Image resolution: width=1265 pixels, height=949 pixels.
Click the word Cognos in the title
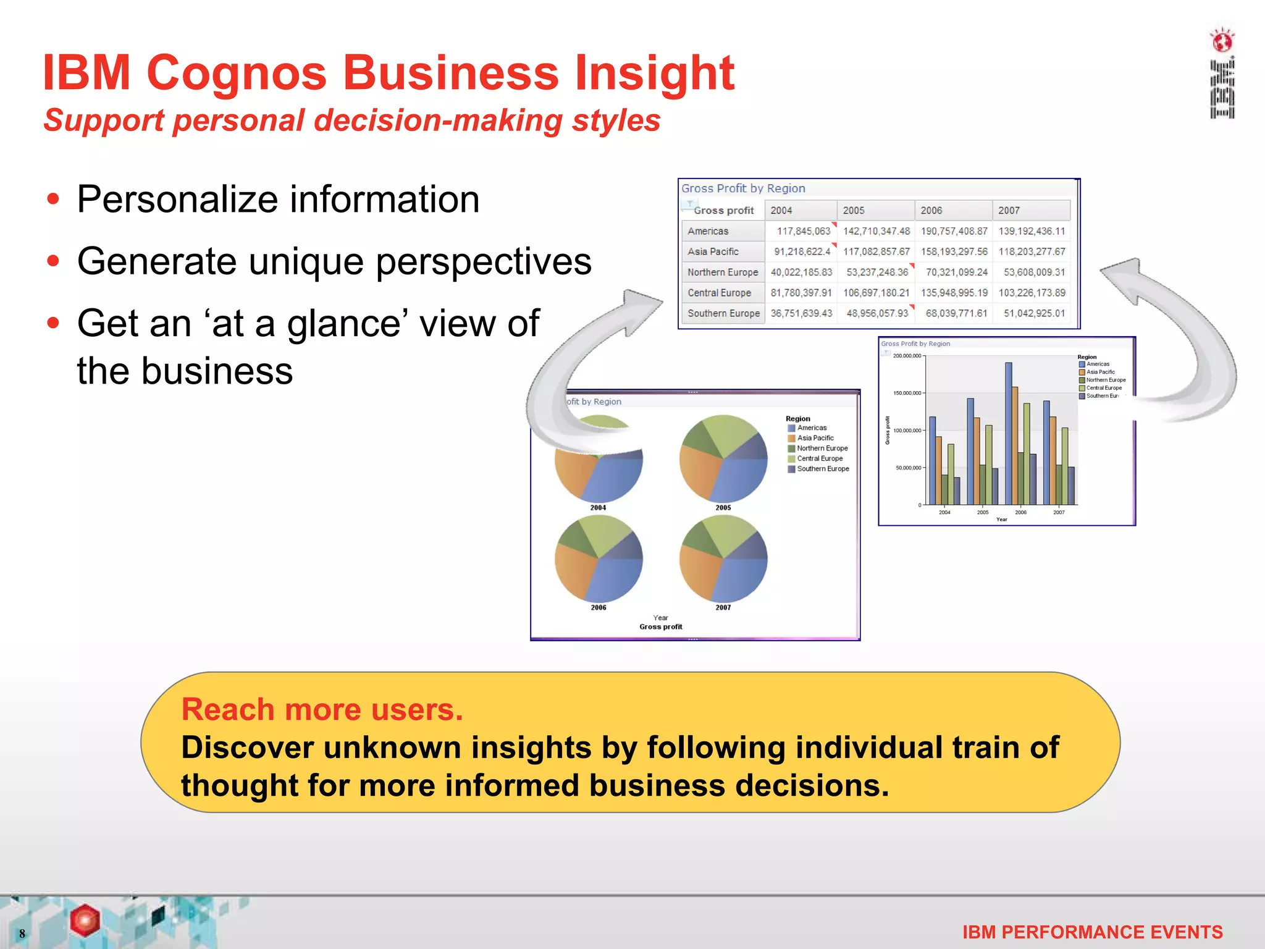(x=237, y=73)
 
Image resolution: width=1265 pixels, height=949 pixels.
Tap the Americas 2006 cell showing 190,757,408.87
(x=954, y=231)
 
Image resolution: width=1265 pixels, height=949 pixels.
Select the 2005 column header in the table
(x=854, y=211)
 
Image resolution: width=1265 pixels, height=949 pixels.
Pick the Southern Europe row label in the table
(x=723, y=313)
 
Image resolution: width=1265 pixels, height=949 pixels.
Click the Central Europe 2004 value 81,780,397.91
(x=801, y=293)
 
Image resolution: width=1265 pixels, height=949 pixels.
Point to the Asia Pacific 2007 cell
(x=1032, y=251)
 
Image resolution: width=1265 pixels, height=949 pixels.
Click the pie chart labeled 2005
(x=723, y=458)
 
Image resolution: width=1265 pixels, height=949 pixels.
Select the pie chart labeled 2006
(x=599, y=559)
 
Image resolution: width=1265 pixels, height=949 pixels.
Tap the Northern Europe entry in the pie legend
(x=822, y=449)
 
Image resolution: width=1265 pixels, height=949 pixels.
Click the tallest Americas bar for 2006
(x=1009, y=432)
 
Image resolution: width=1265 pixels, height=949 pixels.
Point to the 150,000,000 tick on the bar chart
(x=907, y=393)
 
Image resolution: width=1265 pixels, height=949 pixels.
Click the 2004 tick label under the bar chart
(x=944, y=512)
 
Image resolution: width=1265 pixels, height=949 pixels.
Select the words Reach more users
(x=322, y=709)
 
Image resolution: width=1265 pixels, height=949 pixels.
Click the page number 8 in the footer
(x=22, y=933)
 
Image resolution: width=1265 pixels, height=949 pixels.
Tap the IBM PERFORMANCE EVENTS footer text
(x=1092, y=932)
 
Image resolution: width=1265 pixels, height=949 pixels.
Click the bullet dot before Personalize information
(x=54, y=200)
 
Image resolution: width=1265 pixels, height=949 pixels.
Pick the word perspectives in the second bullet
(x=483, y=261)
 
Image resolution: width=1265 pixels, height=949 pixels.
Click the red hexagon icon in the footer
(x=85, y=919)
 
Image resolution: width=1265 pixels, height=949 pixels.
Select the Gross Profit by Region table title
(x=743, y=188)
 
